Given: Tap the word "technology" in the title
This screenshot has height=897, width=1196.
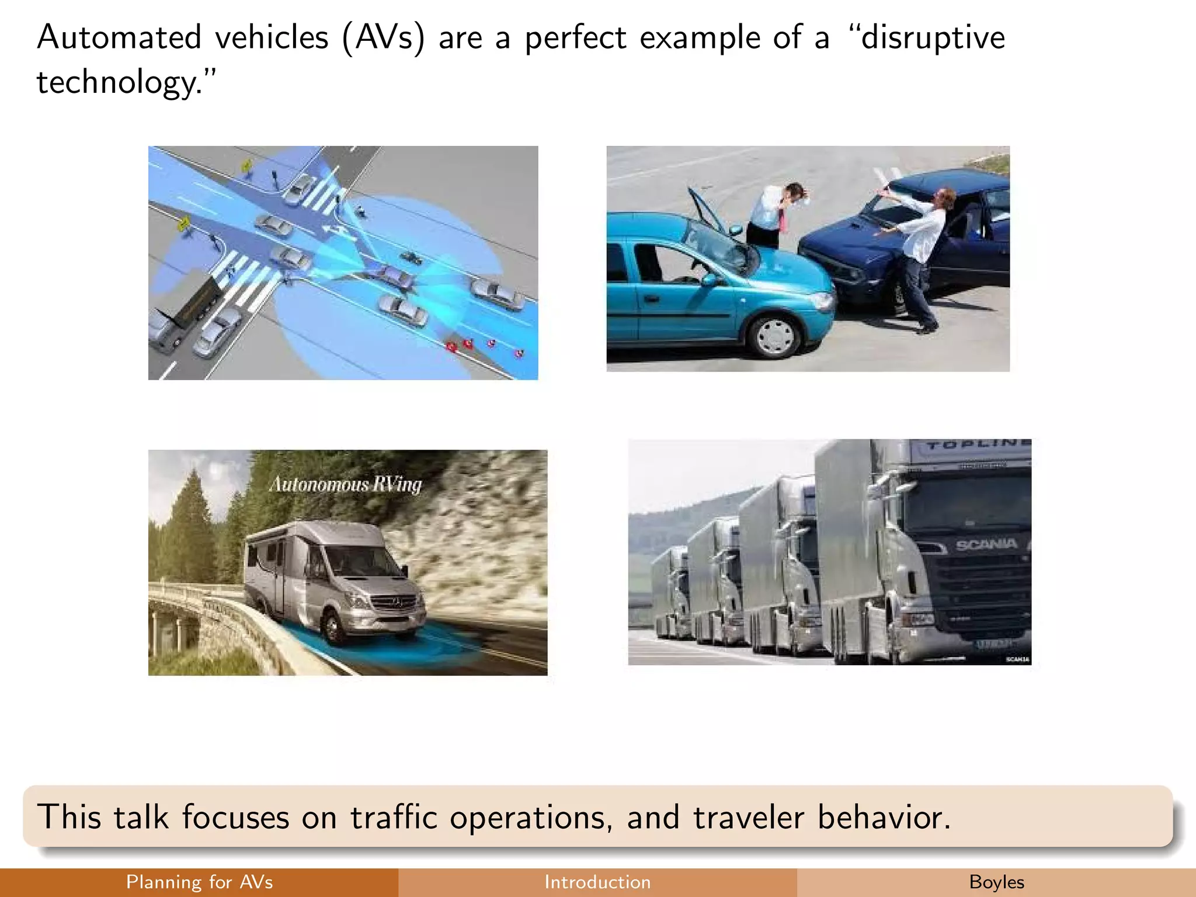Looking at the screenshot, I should (x=117, y=82).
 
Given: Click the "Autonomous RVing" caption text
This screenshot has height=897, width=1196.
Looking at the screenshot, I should (x=345, y=485).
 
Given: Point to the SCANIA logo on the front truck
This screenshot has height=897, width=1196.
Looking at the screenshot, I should (x=986, y=545).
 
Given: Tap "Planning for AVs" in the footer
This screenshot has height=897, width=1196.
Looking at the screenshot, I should (x=199, y=882).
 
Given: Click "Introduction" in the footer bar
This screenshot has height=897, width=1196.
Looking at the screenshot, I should (x=597, y=882).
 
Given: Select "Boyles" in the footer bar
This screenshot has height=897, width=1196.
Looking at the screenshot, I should (x=996, y=882).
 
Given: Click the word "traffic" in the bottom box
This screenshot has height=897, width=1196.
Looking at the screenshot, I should (x=394, y=816).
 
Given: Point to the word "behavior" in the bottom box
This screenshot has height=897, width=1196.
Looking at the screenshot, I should (x=882, y=816).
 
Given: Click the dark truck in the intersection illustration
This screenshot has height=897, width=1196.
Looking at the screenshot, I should (x=186, y=310).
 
